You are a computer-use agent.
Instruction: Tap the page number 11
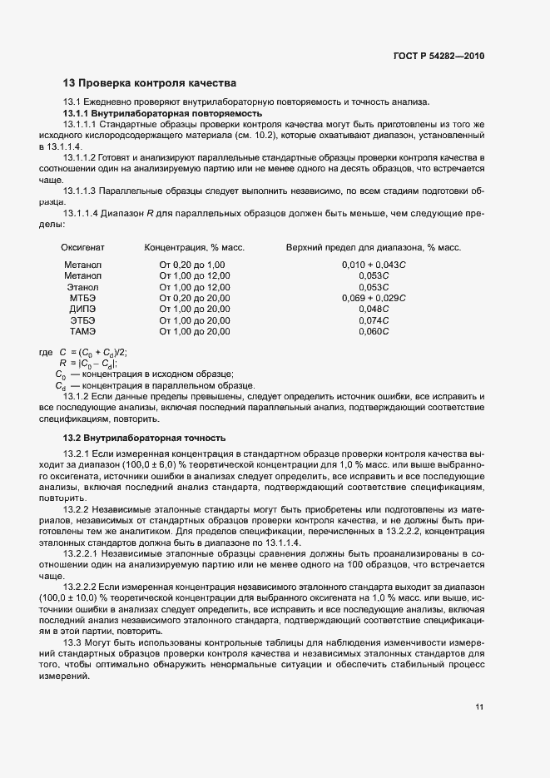(x=479, y=707)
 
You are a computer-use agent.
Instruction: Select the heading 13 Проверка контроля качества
(x=150, y=83)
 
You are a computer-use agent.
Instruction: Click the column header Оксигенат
(x=82, y=247)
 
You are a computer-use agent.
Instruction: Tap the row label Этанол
(x=82, y=286)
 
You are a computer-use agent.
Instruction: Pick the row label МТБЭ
(x=82, y=298)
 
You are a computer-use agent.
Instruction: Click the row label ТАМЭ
(x=82, y=331)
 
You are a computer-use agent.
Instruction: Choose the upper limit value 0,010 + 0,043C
(x=374, y=265)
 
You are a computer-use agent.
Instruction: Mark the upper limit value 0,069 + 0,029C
(x=374, y=298)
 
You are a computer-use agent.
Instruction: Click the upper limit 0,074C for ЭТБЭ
(x=374, y=320)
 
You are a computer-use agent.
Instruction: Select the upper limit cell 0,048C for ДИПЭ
(x=374, y=309)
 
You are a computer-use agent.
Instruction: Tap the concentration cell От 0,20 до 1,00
(x=192, y=265)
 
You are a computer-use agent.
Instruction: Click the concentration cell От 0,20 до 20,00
(x=195, y=298)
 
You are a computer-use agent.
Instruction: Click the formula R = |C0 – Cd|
(x=87, y=363)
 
